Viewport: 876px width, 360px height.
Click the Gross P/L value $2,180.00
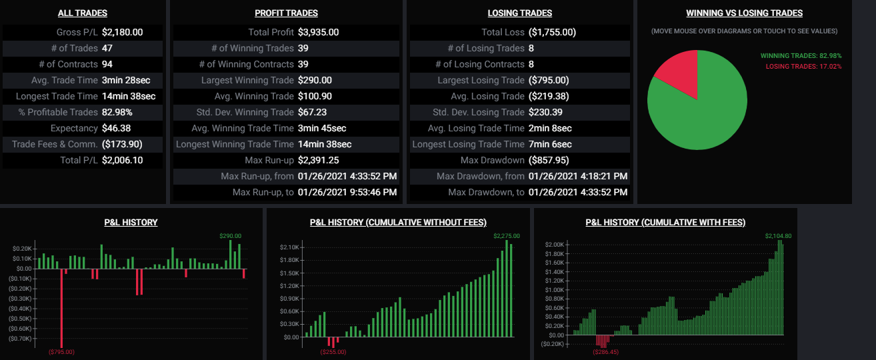click(122, 32)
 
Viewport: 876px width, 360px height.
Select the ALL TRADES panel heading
click(83, 13)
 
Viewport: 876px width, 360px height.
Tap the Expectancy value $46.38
click(116, 128)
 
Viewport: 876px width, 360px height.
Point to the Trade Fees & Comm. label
click(55, 144)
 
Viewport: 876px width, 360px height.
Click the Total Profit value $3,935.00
click(318, 32)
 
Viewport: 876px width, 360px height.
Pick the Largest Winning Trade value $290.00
click(315, 80)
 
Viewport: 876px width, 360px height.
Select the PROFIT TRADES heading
click(286, 13)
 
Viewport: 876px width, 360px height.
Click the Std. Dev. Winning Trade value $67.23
click(312, 112)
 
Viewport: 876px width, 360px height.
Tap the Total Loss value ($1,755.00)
click(552, 32)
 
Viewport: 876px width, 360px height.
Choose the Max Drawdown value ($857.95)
click(549, 160)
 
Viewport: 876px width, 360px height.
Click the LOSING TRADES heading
click(520, 13)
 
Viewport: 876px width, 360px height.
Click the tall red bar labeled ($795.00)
click(61, 307)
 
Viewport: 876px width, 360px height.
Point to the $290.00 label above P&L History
click(230, 235)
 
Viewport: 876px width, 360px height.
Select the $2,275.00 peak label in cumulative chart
click(506, 235)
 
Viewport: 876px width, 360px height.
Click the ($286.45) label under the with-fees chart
click(605, 351)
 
